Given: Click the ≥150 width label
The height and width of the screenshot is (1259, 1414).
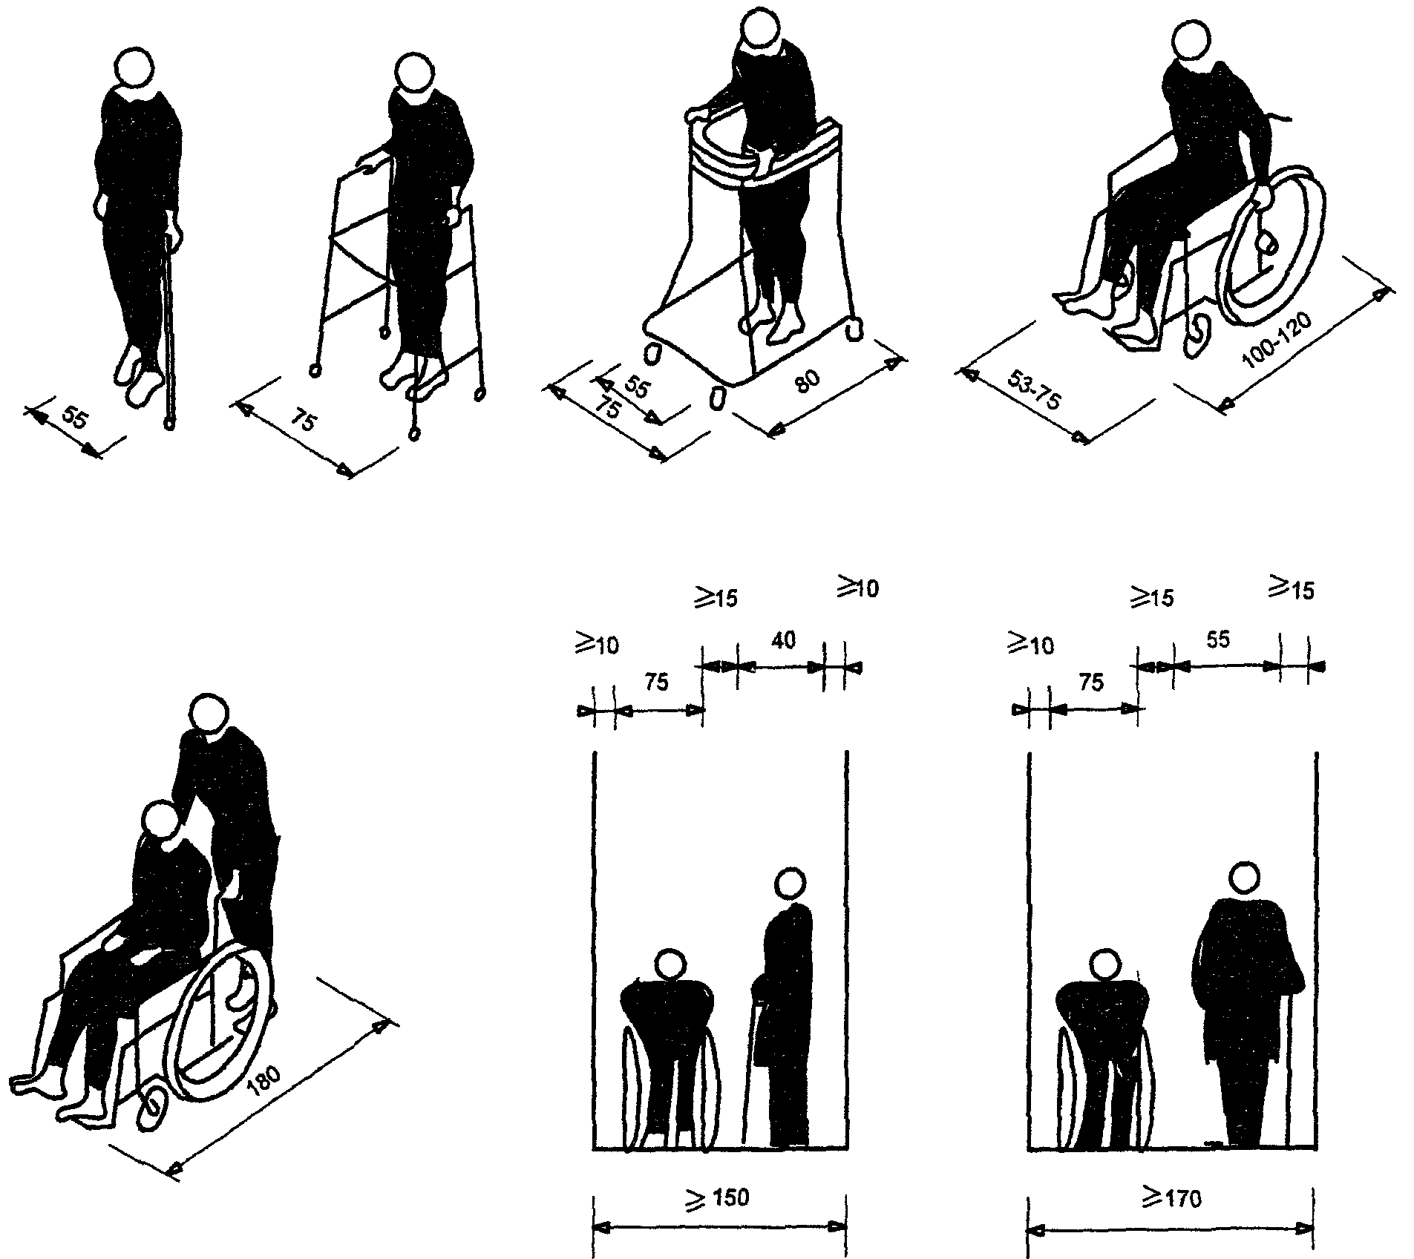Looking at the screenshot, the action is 719,1197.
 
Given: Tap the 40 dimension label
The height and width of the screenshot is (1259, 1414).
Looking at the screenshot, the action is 784,640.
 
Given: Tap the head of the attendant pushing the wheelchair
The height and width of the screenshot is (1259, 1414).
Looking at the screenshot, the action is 209,714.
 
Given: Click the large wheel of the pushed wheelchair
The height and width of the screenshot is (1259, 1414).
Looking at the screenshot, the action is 222,1026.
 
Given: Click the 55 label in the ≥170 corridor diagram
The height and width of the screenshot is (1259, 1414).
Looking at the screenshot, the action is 1218,639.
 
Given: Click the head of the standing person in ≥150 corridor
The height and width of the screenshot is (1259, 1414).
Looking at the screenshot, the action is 790,884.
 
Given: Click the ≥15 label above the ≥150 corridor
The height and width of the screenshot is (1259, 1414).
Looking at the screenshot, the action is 716,597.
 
